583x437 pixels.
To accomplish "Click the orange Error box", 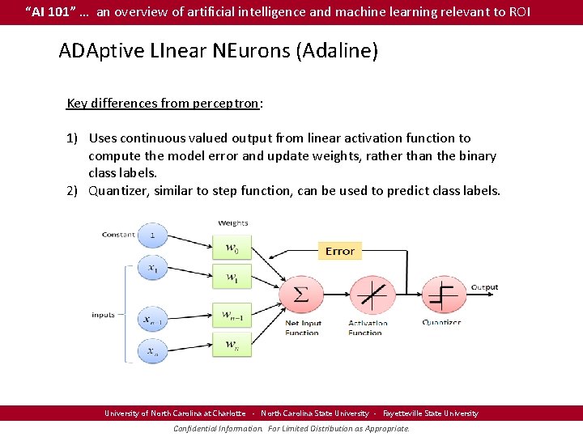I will click(x=340, y=252).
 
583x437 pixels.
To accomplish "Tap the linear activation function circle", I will click(x=372, y=295).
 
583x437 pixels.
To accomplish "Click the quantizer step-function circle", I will click(x=444, y=295).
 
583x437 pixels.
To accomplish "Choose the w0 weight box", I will click(x=232, y=248).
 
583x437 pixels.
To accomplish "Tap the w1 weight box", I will click(x=232, y=278).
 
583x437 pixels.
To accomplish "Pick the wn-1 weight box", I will click(x=232, y=316).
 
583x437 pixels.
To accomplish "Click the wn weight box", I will click(x=232, y=346).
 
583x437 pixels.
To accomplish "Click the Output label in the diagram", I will click(x=484, y=287).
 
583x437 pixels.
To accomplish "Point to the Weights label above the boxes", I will click(x=233, y=223).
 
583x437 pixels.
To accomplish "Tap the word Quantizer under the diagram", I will click(x=442, y=323).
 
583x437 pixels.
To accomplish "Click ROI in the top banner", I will click(x=517, y=11).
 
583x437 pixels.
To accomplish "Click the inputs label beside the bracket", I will click(x=103, y=315).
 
